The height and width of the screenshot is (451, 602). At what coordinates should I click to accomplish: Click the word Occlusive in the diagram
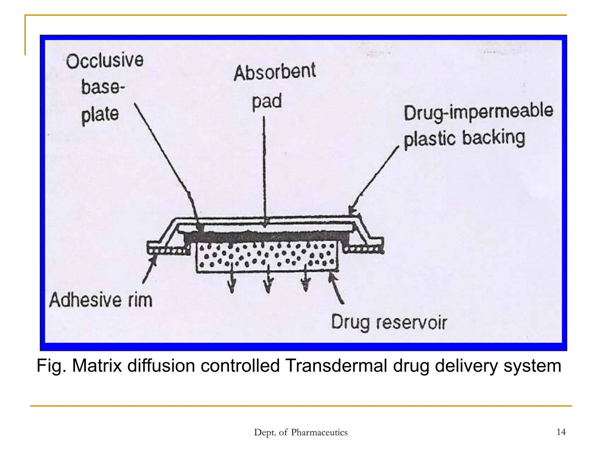click(x=105, y=61)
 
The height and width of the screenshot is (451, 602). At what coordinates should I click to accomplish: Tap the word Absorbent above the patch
click(x=275, y=72)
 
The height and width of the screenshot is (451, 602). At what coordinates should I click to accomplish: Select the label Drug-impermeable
click(x=478, y=112)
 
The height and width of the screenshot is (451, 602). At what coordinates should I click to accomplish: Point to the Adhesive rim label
click(x=101, y=300)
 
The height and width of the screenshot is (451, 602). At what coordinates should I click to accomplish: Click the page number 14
click(x=561, y=432)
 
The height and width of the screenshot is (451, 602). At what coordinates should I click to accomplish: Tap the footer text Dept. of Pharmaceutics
click(x=301, y=432)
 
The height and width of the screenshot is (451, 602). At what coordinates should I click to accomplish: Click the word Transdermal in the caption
click(x=336, y=366)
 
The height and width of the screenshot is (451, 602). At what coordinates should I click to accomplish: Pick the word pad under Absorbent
click(x=267, y=101)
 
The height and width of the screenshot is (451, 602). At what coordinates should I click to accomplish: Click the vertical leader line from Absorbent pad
click(x=264, y=170)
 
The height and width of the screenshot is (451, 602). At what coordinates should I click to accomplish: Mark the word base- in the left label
click(x=103, y=87)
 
